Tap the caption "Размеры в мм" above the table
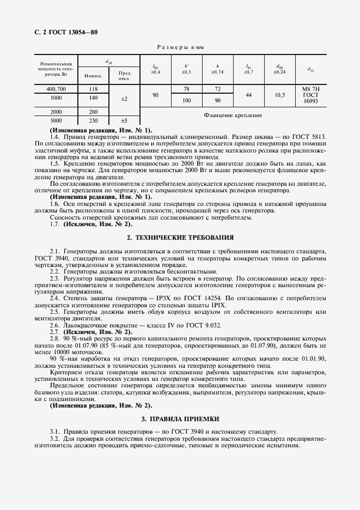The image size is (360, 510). click(180, 48)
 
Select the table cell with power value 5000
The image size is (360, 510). click(56, 120)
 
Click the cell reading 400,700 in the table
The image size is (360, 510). click(56, 89)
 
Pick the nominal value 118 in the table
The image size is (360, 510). click(93, 89)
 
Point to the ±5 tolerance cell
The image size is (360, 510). click(124, 120)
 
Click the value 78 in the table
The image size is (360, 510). click(186, 89)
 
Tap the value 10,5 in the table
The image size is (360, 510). click(280, 95)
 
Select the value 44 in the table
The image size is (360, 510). click(248, 95)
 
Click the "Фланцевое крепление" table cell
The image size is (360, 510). click(233, 116)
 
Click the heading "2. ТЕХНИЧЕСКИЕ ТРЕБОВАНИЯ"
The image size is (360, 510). click(180, 238)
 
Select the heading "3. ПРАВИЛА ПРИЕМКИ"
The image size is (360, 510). click(180, 419)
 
